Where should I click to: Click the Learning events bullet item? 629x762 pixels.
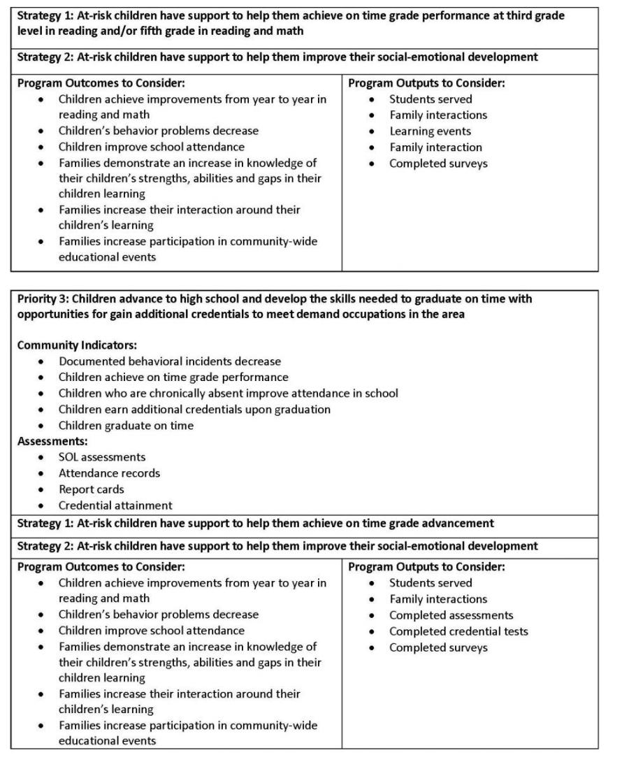click(430, 131)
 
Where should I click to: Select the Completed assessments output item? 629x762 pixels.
click(451, 615)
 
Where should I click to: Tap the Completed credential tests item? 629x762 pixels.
click(458, 631)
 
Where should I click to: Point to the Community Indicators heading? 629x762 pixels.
click(77, 345)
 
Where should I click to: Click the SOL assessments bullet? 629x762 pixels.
click(102, 457)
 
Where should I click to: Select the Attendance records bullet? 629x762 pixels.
click(109, 473)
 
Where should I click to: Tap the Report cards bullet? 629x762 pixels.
click(91, 489)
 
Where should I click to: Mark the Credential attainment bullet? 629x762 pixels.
click(115, 505)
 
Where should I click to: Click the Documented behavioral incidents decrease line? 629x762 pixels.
click(170, 361)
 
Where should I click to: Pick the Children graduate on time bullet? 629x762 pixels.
click(126, 425)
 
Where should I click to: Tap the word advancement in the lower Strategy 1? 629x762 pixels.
click(458, 523)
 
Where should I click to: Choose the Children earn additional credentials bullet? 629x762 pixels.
click(194, 409)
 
